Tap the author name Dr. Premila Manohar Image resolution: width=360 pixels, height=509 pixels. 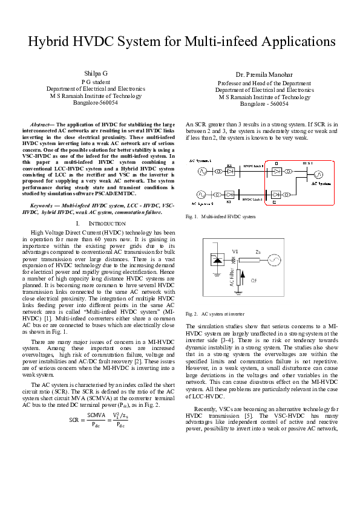[264, 74]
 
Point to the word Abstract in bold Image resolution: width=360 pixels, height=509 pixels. [42, 123]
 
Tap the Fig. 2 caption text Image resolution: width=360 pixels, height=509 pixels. [215, 314]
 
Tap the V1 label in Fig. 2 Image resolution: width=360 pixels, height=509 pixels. [235, 251]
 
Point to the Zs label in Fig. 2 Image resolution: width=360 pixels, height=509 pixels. [257, 251]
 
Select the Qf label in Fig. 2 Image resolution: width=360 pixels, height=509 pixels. [253, 280]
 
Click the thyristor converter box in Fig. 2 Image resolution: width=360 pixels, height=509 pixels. [218, 260]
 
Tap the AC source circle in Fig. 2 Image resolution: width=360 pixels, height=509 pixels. [275, 261]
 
